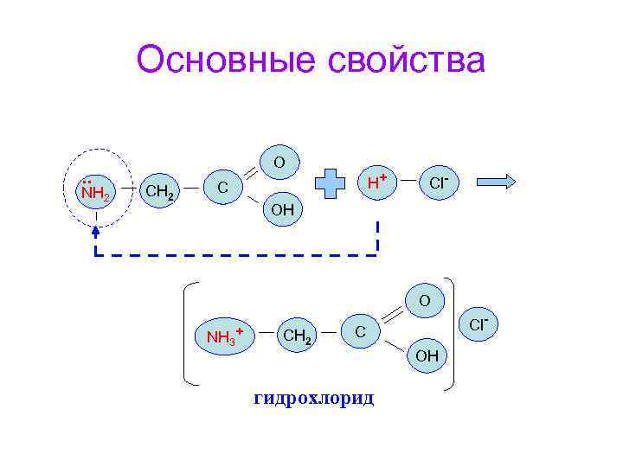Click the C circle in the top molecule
[x=223, y=186]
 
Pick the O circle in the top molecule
[x=279, y=162]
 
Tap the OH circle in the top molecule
[x=282, y=209]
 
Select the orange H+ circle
[x=376, y=182]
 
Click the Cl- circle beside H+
[x=440, y=183]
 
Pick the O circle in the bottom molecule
[x=424, y=301]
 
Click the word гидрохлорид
[x=313, y=399]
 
